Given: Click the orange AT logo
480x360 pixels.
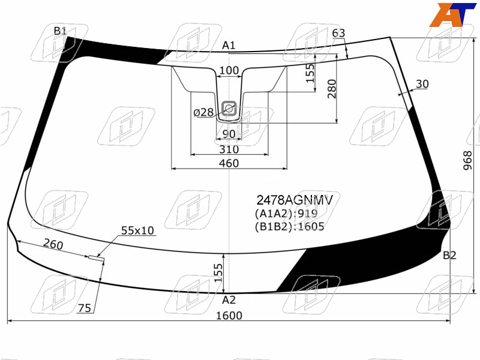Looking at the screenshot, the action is tap(452, 14).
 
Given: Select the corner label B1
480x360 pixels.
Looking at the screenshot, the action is tap(60, 31).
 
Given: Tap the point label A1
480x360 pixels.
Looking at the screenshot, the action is tap(229, 46).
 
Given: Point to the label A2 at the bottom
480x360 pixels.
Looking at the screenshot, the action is tap(229, 300).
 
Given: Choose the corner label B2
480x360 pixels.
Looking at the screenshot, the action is tap(449, 256).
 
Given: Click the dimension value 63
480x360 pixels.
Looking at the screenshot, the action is tap(338, 33).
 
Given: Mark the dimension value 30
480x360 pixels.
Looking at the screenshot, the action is tap(422, 84).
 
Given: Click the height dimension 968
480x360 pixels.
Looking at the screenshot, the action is tap(468, 160).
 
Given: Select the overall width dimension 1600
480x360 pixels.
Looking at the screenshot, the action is tap(229, 316).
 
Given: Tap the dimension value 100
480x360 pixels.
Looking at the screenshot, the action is tap(229, 70).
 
